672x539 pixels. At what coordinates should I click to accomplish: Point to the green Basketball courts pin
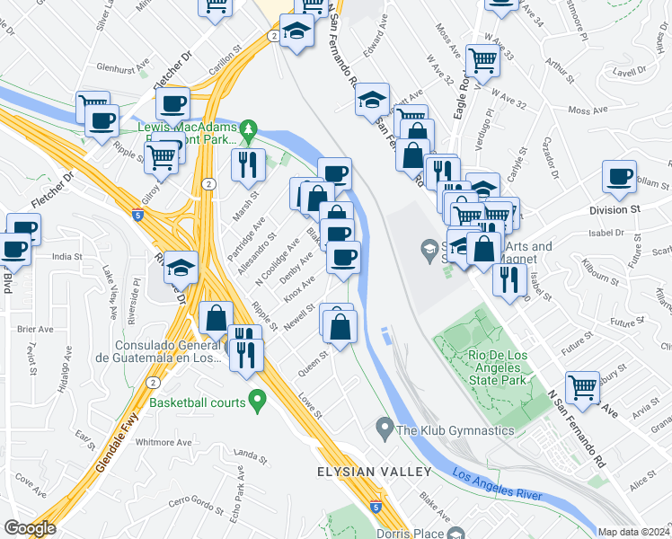[258, 399]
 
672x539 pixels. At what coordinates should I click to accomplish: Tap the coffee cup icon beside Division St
[620, 177]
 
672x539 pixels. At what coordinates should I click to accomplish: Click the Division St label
[614, 209]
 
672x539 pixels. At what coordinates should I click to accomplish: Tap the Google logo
[30, 528]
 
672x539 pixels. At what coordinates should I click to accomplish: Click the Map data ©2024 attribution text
[634, 532]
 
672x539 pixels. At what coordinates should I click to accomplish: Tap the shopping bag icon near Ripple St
[217, 317]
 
